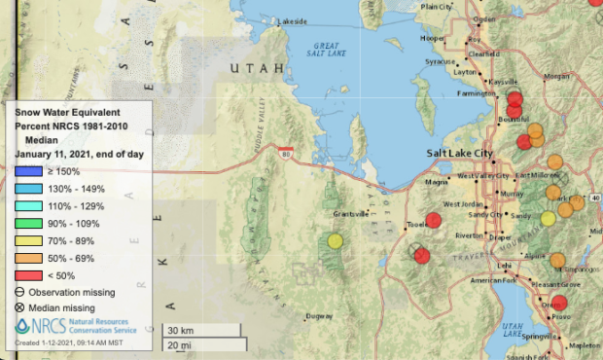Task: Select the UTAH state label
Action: point(257,68)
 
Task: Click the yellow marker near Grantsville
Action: point(336,241)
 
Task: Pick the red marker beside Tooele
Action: point(434,219)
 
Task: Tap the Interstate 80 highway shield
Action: point(285,152)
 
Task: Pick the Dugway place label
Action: point(318,316)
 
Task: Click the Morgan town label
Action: point(557,75)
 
